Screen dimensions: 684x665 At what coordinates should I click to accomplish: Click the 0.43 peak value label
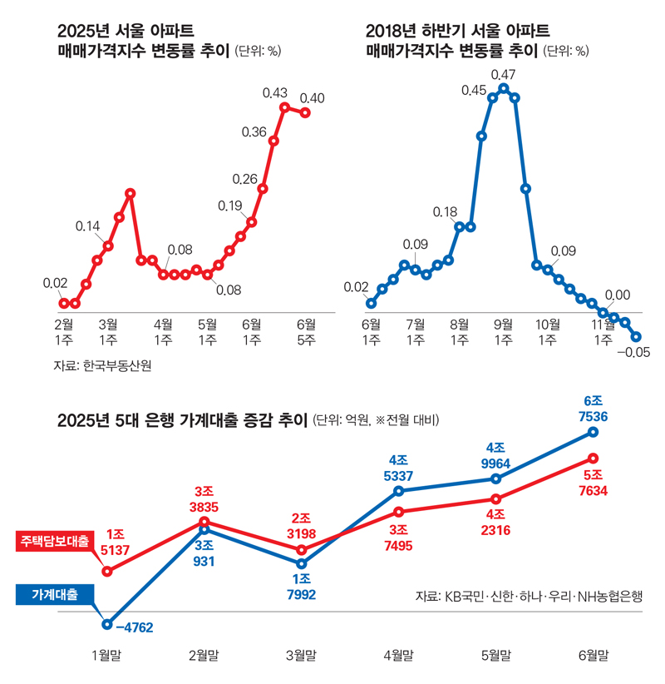point(274,93)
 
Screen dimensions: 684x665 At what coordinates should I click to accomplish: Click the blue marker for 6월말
point(593,431)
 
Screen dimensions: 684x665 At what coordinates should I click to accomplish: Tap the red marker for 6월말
point(593,458)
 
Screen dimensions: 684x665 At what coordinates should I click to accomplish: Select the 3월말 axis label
point(301,655)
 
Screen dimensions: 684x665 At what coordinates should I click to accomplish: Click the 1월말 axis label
point(106,655)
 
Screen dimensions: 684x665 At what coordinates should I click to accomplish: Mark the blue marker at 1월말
point(106,623)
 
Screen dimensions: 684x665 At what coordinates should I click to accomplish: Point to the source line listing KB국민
point(530,596)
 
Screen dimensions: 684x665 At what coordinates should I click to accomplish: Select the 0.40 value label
point(312,98)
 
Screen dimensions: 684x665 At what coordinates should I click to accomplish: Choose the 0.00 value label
point(617,295)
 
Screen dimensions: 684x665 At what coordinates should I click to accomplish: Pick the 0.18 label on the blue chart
point(446,212)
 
